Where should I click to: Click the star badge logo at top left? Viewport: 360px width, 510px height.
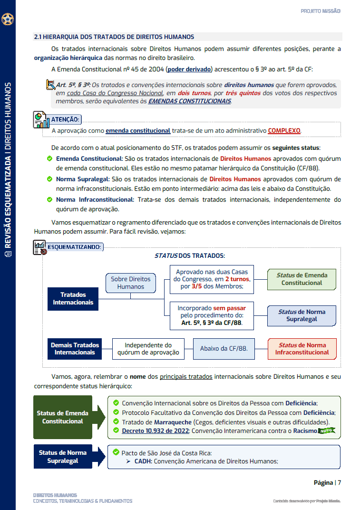pyautogui.click(x=8, y=20)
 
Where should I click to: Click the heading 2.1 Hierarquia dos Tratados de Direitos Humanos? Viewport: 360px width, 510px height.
pyautogui.click(x=114, y=37)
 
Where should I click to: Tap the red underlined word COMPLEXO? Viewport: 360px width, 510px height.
pyautogui.click(x=284, y=130)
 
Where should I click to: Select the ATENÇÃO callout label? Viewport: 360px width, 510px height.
pyautogui.click(x=65, y=119)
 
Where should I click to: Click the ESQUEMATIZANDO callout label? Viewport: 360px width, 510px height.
pyautogui.click(x=74, y=247)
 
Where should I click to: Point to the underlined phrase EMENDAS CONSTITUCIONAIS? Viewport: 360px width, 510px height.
pyautogui.click(x=189, y=101)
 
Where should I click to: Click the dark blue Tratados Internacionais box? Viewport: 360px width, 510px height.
pyautogui.click(x=73, y=299)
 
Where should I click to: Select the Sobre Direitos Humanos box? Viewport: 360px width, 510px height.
pyautogui.click(x=130, y=283)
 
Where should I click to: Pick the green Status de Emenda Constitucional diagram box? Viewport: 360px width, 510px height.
pyautogui.click(x=302, y=279)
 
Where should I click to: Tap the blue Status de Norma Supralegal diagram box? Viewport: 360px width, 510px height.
pyautogui.click(x=302, y=315)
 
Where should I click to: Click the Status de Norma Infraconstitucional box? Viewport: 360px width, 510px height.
pyautogui.click(x=302, y=349)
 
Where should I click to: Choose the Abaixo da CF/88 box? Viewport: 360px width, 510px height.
pyautogui.click(x=224, y=349)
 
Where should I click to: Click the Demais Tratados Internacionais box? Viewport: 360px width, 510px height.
pyautogui.click(x=75, y=349)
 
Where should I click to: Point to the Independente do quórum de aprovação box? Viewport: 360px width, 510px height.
pyautogui.click(x=148, y=349)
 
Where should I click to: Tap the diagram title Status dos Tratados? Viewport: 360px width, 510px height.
pyautogui.click(x=189, y=255)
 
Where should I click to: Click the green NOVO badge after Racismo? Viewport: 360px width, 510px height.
pyautogui.click(x=326, y=431)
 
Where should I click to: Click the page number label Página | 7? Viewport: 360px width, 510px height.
pyautogui.click(x=327, y=482)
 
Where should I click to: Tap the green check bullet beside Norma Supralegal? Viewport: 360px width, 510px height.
pyautogui.click(x=49, y=179)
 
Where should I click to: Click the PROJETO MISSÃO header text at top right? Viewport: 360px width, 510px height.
pyautogui.click(x=321, y=11)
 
